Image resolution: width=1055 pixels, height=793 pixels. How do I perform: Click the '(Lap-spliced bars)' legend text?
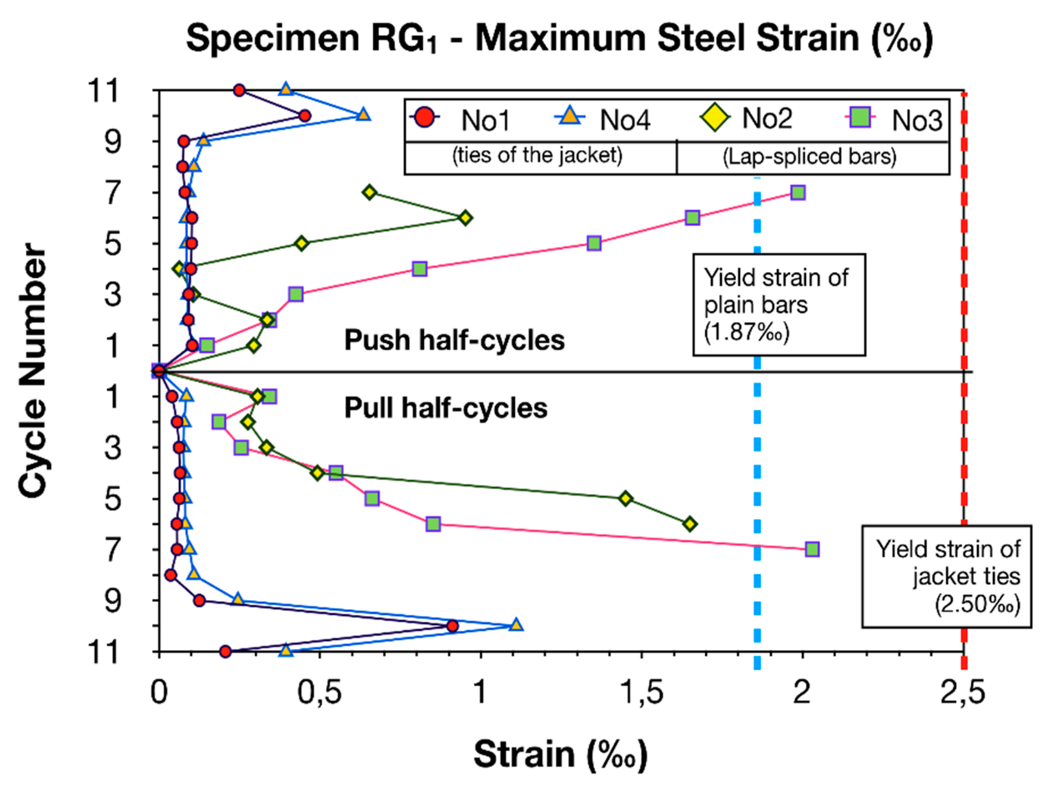809,157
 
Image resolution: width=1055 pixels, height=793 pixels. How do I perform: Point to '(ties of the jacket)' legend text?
537,156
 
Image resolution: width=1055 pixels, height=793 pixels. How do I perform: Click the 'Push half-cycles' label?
454,340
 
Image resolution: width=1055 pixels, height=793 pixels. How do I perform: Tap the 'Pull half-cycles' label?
445,408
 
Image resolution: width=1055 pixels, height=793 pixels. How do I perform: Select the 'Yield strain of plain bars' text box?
779,305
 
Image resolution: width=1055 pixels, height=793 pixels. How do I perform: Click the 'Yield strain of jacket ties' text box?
946,576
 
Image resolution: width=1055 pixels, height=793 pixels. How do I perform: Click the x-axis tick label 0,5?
319,692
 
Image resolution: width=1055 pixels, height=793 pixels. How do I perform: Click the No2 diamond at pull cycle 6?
690,524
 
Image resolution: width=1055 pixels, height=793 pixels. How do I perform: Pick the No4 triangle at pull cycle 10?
516,625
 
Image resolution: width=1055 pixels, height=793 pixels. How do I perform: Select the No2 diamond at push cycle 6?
465,218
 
